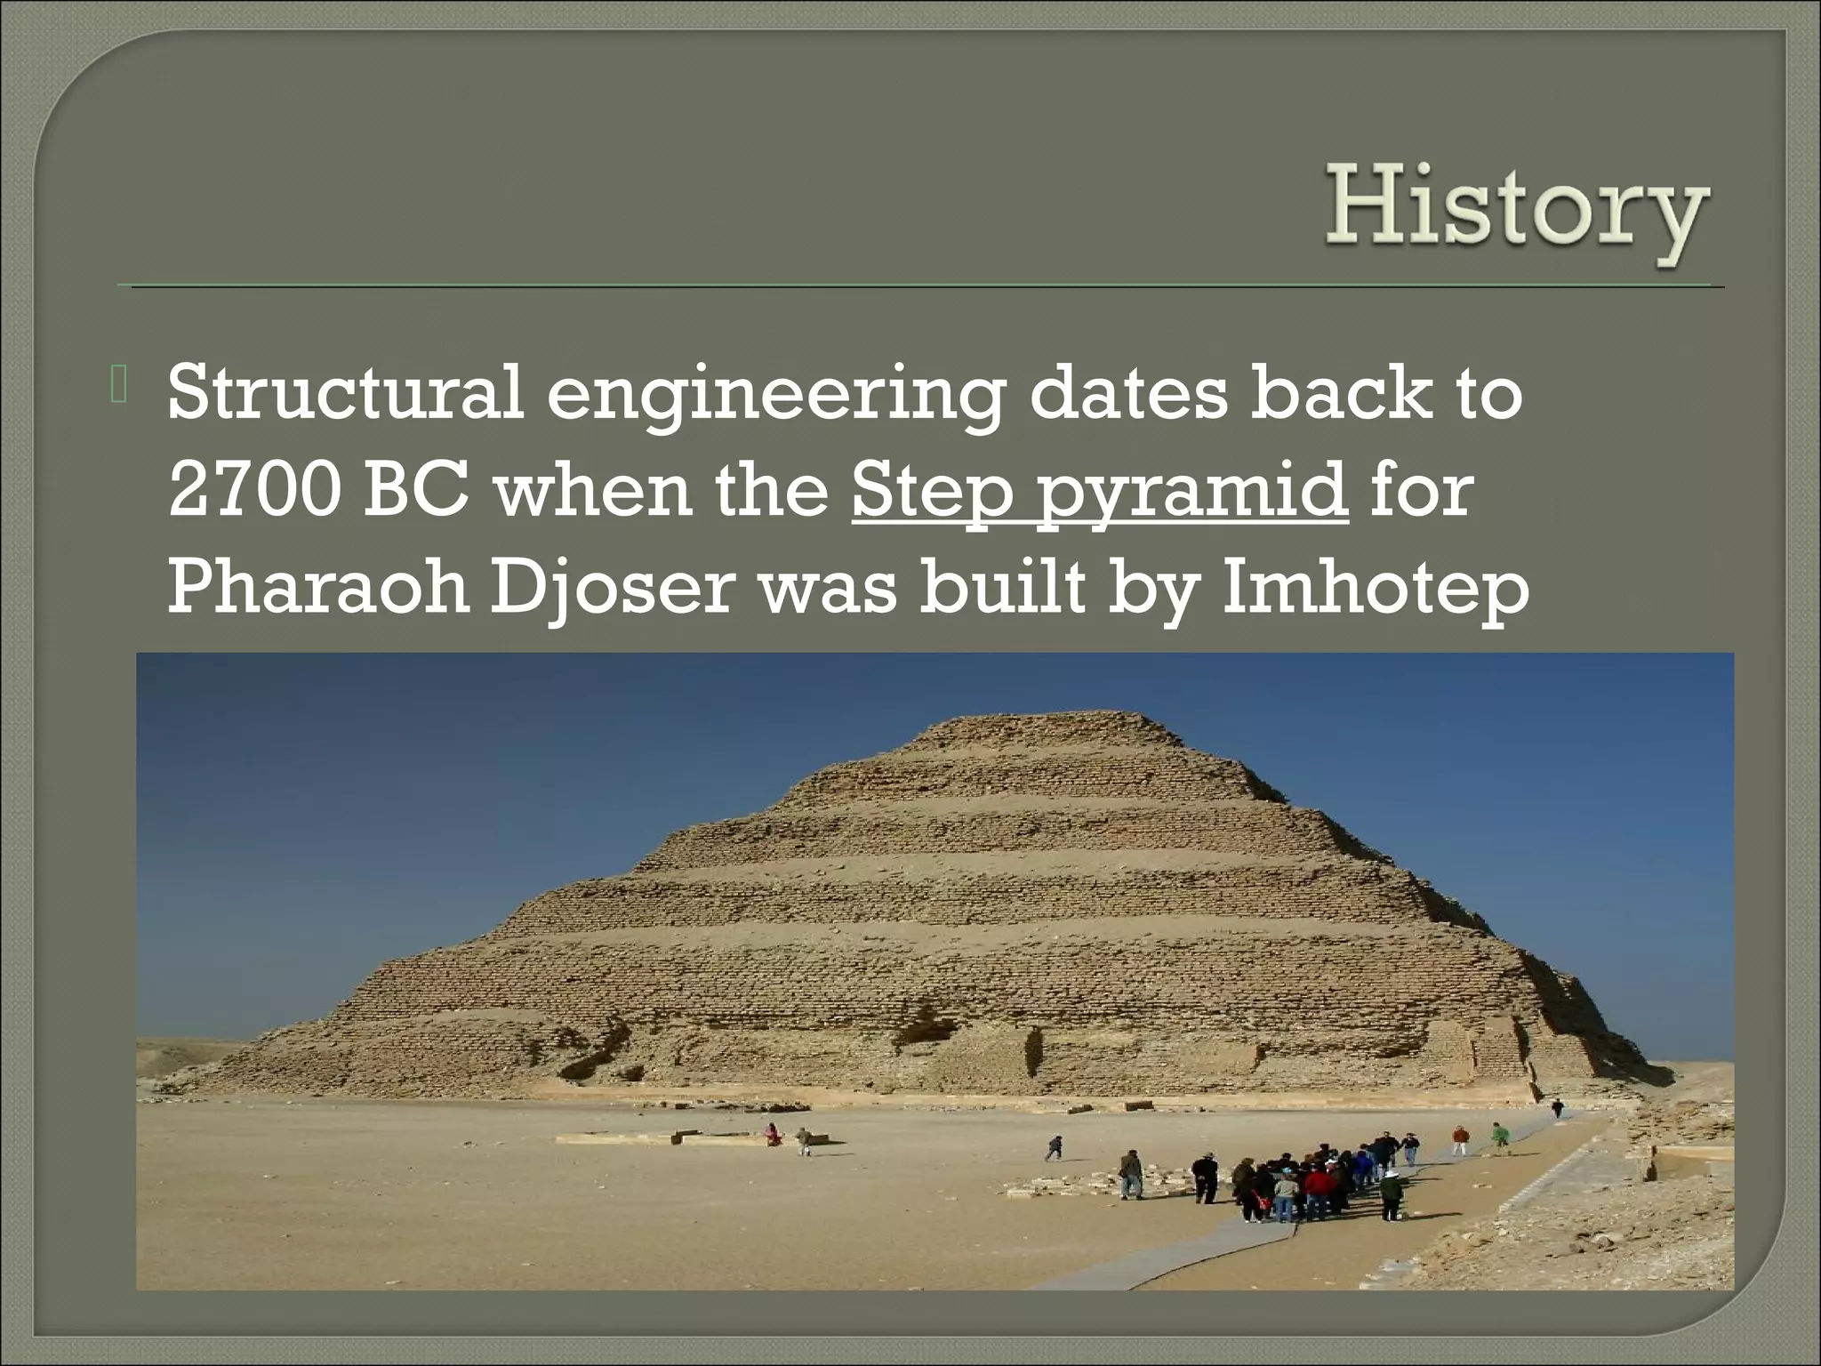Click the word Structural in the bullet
(344, 392)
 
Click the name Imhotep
(1376, 591)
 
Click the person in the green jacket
(1500, 1136)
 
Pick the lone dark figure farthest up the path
(1557, 1108)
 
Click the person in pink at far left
(773, 1134)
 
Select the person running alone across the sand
(1055, 1147)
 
